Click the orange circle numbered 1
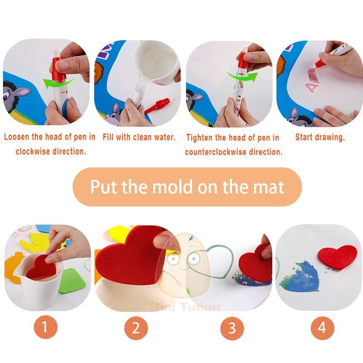(45, 327)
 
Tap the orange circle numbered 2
(136, 328)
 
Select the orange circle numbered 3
(232, 328)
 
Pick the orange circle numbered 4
(322, 328)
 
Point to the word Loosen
(17, 137)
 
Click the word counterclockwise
(216, 152)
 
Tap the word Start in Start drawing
(304, 137)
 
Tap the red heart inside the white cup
(41, 268)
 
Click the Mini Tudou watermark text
(184, 307)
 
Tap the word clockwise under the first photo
(32, 152)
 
